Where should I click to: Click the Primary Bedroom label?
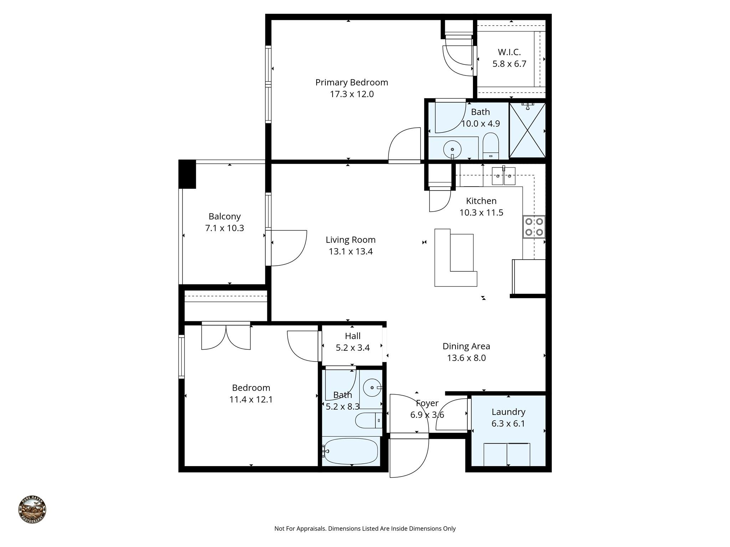point(351,82)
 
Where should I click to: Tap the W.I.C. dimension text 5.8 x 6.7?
point(509,64)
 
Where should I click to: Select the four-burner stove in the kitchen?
point(534,227)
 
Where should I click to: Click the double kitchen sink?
point(503,176)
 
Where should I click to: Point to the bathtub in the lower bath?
point(351,451)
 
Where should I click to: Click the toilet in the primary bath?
point(490,146)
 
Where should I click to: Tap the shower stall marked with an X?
point(527,130)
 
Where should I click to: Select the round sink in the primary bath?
point(452,149)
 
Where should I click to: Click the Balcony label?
point(225,216)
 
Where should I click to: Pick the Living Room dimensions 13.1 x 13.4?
point(351,252)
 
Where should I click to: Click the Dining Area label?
point(466,346)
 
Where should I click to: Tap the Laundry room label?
point(508,412)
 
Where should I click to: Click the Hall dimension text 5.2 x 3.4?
point(353,348)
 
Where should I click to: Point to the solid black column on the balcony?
point(187,174)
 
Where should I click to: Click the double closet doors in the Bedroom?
point(226,337)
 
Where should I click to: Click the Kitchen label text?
point(481,201)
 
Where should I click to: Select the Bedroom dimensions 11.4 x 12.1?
point(251,400)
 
